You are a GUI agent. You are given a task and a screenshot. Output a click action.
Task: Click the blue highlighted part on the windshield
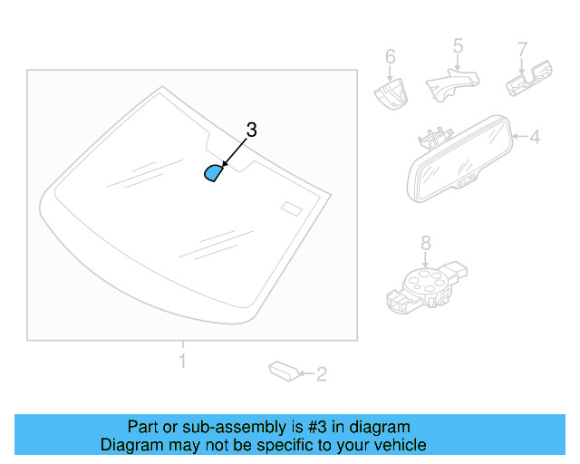(213, 173)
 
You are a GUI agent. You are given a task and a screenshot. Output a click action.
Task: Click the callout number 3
(251, 130)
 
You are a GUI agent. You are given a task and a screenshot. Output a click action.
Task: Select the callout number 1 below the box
(182, 362)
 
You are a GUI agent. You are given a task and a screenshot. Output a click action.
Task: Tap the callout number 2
(321, 372)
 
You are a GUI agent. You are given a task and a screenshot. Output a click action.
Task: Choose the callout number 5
(458, 45)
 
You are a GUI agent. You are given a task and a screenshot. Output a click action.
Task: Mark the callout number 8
(425, 242)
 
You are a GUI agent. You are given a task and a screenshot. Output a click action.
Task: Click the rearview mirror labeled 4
(459, 159)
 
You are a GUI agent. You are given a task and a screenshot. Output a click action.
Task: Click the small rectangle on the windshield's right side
(291, 208)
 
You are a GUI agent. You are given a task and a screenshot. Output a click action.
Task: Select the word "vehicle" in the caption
(399, 445)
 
